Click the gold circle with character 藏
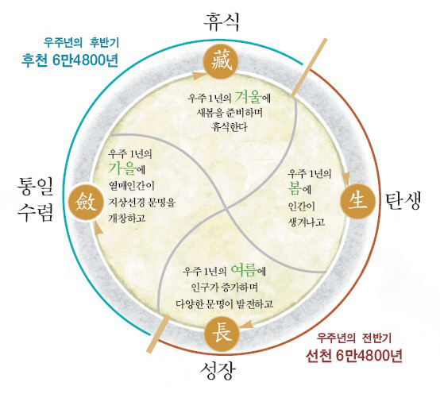(221, 62)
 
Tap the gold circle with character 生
(357, 201)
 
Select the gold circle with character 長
(222, 334)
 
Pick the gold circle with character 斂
(86, 202)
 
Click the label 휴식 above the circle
(222, 22)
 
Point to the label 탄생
(403, 201)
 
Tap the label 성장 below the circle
(218, 370)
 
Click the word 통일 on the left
(35, 187)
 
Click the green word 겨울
(249, 97)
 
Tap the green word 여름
(244, 270)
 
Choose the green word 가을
(122, 168)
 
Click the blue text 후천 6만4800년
(70, 60)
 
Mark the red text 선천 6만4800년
(354, 356)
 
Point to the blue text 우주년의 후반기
(81, 42)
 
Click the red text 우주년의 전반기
(354, 338)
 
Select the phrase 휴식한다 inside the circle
(230, 127)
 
